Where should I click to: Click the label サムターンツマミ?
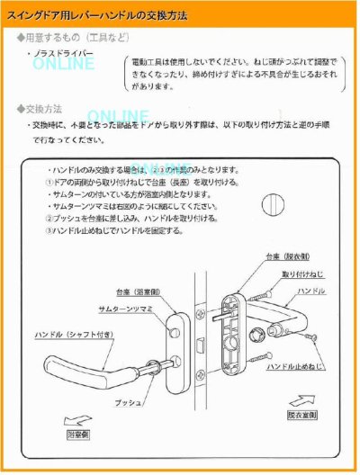(137, 309)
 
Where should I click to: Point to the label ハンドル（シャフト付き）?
(73, 334)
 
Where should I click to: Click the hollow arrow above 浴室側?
(79, 418)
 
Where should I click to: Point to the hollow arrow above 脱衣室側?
(304, 399)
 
